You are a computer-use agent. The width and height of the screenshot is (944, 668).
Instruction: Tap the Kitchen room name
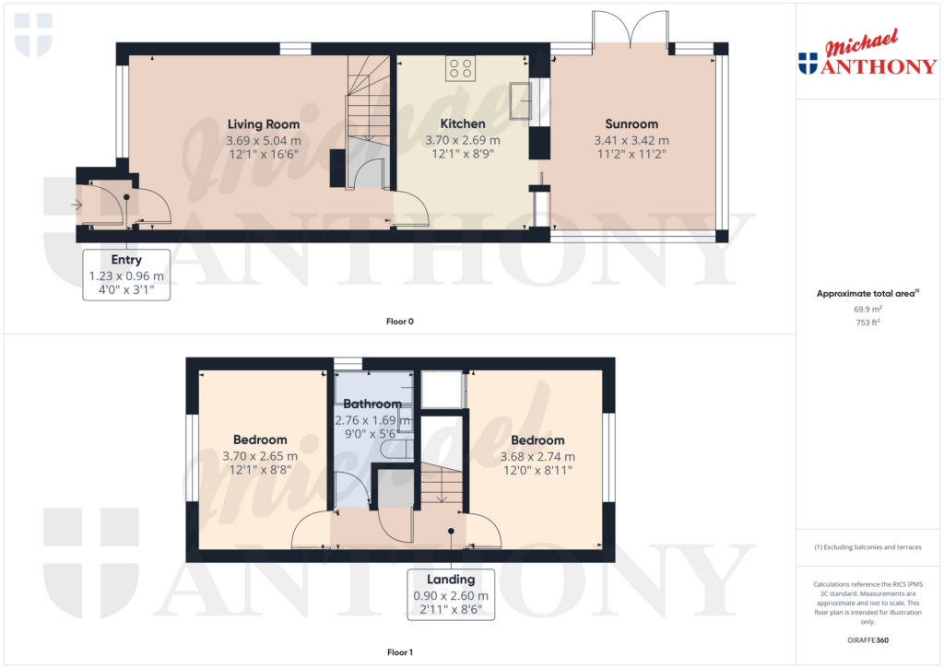462,123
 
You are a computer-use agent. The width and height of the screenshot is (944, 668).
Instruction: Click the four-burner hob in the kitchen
460,67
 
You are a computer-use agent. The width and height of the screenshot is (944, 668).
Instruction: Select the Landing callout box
450,594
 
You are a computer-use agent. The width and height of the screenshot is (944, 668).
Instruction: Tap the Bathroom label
372,404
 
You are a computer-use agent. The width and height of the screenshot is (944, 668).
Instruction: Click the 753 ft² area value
867,324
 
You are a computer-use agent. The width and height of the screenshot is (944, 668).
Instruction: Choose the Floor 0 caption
400,322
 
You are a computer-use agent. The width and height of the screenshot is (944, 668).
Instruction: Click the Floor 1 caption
400,652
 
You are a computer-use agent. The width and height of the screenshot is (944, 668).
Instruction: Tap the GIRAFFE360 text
867,639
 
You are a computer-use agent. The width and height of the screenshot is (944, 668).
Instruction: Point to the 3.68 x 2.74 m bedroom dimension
538,456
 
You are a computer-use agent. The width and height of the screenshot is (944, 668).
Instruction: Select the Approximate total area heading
864,294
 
